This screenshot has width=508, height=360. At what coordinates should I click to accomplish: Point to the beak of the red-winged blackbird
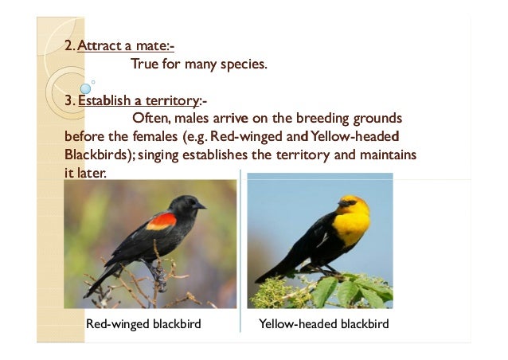201,205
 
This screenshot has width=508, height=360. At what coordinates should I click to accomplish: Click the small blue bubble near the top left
84,88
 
